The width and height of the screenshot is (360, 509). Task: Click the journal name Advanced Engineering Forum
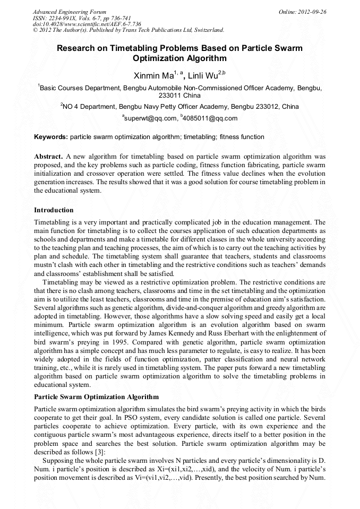tap(69, 12)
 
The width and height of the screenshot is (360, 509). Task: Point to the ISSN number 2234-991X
tap(64, 18)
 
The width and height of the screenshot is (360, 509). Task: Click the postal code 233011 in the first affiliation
tap(171, 96)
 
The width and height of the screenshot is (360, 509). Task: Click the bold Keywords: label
tap(51, 137)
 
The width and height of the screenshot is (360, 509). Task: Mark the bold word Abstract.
tap(49, 157)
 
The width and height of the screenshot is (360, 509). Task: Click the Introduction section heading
tap(54, 210)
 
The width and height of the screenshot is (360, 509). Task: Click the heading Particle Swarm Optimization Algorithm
tap(96, 397)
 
